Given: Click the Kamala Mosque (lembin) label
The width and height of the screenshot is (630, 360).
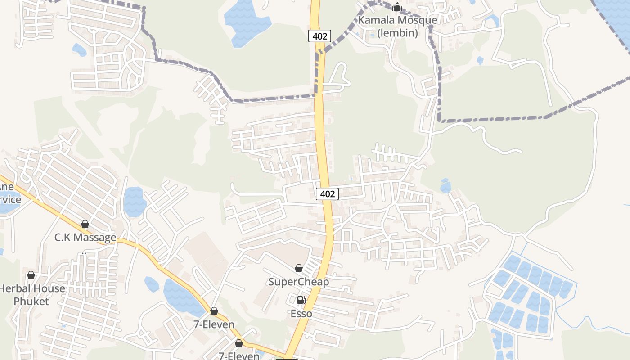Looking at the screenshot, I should tap(397, 27).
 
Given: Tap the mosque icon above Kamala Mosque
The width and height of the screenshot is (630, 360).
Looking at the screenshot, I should tap(397, 7).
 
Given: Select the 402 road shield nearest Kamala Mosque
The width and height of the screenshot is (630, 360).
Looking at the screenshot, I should tap(319, 36).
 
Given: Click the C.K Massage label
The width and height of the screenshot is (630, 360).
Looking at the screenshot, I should tap(85, 238).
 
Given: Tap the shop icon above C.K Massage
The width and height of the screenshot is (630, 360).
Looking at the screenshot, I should tap(85, 224).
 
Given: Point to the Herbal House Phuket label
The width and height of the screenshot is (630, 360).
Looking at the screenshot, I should tap(31, 295).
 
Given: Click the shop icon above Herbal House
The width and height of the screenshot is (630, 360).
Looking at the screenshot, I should tap(31, 275).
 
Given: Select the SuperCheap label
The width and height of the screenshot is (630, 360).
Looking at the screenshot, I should tap(299, 282).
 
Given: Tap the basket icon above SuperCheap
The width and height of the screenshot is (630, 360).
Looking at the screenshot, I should tap(299, 269).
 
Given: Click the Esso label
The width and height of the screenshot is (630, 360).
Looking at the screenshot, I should tap(301, 314).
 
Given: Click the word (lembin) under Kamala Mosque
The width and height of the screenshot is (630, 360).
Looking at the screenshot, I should tap(397, 33).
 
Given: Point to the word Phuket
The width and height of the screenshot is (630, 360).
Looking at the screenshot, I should tap(31, 301).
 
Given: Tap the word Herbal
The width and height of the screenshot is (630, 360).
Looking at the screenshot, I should tap(15, 288).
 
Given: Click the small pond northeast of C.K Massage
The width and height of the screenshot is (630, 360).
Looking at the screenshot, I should tap(135, 201).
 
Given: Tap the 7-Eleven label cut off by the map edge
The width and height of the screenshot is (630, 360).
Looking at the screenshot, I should tap(239, 355).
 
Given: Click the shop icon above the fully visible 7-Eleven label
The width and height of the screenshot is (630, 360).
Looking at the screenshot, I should tap(214, 311).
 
